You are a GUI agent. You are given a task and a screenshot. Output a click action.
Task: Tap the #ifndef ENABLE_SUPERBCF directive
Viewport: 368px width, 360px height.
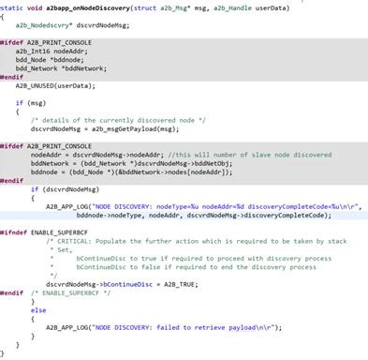pos(40,231)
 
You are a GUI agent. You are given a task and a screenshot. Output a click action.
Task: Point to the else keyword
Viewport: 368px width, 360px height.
pos(37,309)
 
